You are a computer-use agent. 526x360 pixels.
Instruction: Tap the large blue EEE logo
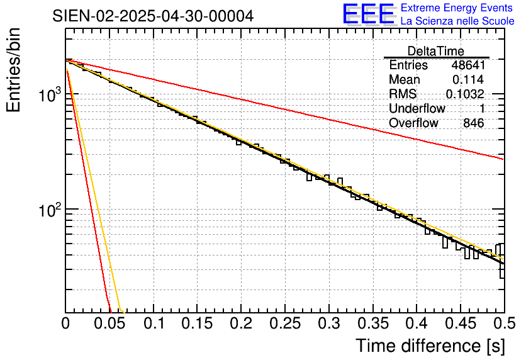click(369, 14)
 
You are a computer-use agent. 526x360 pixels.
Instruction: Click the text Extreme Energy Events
click(457, 8)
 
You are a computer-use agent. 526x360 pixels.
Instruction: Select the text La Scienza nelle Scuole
click(457, 21)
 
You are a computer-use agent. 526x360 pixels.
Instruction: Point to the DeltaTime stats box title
click(436, 51)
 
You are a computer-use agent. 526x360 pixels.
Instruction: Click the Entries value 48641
click(467, 65)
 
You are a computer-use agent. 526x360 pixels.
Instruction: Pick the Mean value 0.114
click(468, 80)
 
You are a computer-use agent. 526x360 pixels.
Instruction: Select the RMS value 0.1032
click(465, 94)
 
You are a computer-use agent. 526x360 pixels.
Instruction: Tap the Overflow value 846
click(473, 123)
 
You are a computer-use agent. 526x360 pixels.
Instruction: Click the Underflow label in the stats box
click(417, 109)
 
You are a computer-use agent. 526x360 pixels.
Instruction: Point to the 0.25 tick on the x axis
click(284, 324)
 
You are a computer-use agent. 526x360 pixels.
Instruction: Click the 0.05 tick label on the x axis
click(109, 324)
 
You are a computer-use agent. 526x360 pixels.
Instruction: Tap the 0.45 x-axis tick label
click(460, 324)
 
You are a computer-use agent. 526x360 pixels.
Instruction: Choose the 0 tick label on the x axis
click(66, 324)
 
